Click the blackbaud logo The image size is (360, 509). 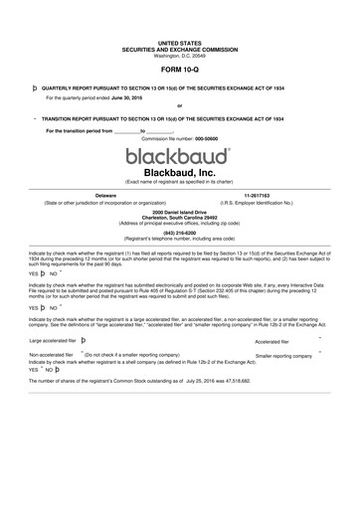point(179,157)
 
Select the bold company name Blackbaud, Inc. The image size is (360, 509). point(179,173)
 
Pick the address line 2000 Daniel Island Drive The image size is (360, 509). point(179,212)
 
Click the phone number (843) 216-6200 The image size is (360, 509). point(179,234)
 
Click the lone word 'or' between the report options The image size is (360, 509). point(179,106)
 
